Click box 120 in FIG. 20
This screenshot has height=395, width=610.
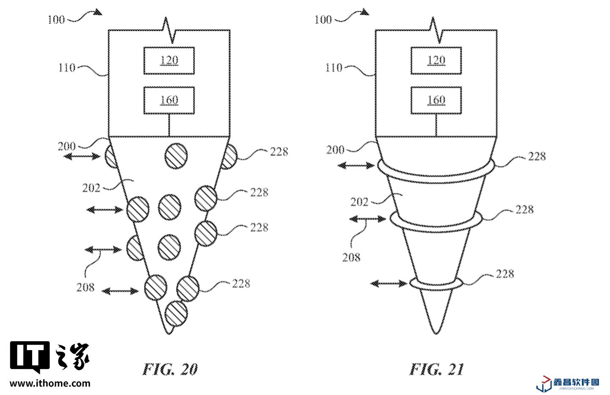[169, 61]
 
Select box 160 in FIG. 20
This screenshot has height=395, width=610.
[169, 100]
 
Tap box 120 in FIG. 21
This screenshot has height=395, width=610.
[436, 61]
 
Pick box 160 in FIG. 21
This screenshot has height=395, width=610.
[436, 100]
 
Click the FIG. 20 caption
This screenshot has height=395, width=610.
[170, 369]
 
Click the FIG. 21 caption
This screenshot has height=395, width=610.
[436, 369]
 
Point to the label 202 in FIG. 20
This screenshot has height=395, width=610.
[91, 188]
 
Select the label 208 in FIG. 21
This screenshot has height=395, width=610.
[351, 257]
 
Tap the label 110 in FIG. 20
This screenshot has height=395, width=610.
[67, 67]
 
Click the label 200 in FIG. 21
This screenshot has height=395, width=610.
[335, 150]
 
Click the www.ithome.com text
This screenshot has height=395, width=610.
[50, 384]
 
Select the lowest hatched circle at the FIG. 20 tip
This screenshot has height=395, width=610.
[176, 314]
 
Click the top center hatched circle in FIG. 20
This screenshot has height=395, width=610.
[176, 156]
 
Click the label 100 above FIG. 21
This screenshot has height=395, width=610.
[323, 19]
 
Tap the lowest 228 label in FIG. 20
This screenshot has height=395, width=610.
[241, 284]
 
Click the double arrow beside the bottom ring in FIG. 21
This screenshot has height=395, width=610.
[389, 284]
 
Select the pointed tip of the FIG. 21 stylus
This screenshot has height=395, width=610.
[436, 334]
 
